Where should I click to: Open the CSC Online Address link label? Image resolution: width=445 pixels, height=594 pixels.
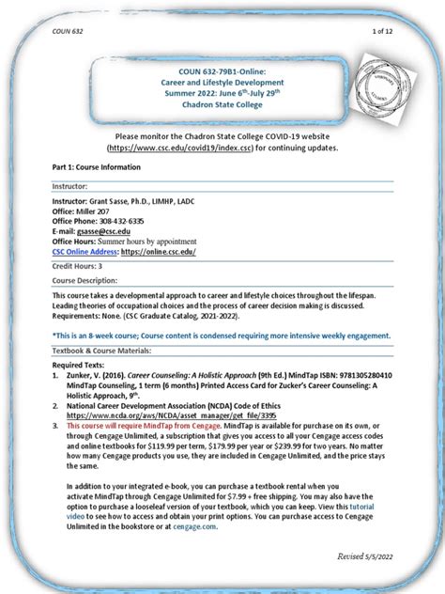click(83, 252)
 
